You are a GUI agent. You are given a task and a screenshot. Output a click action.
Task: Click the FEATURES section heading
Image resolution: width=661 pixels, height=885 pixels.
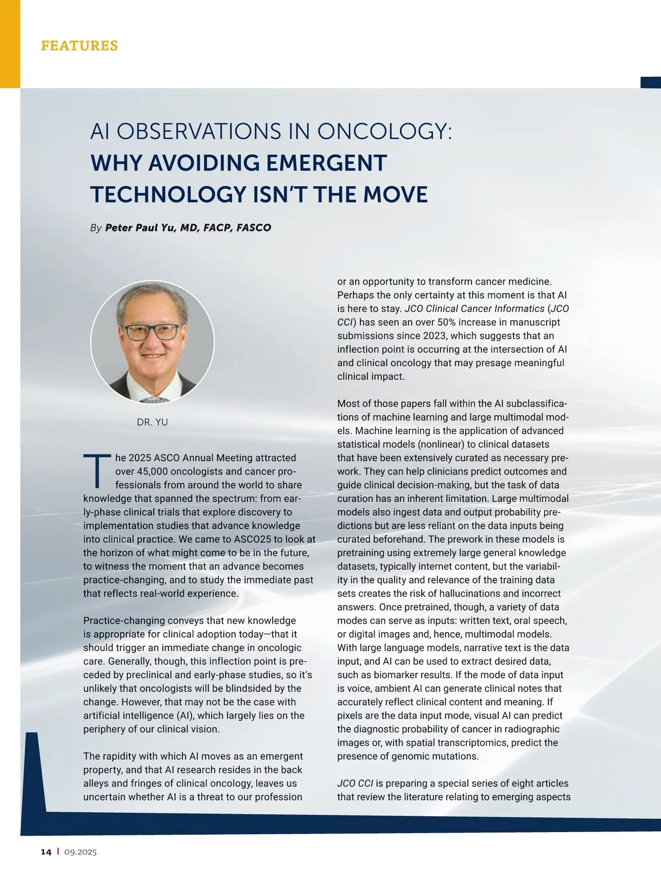[79, 45]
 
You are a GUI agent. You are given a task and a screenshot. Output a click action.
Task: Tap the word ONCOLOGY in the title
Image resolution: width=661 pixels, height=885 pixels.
[384, 132]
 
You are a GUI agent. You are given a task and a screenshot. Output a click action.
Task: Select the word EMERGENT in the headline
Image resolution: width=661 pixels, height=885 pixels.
[326, 163]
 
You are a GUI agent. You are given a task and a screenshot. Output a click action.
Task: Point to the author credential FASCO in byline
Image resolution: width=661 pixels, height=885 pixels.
[253, 228]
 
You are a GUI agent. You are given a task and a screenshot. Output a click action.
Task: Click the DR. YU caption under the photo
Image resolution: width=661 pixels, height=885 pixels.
[152, 422]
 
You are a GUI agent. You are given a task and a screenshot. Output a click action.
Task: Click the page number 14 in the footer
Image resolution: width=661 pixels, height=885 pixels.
[46, 852]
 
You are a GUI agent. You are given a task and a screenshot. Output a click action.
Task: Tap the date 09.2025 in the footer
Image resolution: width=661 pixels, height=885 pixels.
[80, 852]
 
